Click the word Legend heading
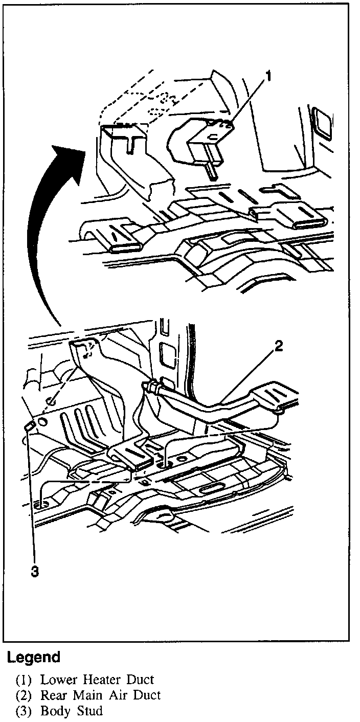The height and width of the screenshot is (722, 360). (x=34, y=657)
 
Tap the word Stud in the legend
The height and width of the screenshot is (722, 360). (x=88, y=711)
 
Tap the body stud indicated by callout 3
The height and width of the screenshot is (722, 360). (x=30, y=425)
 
